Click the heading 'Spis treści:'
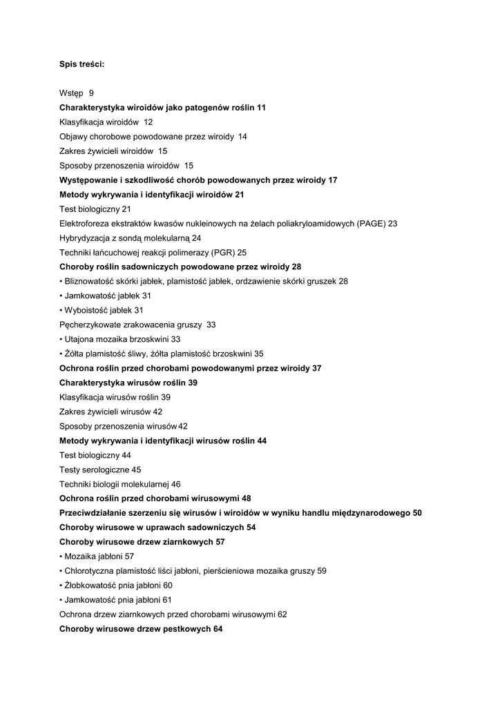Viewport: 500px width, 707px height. (x=81, y=64)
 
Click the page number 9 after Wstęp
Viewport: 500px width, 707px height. (x=91, y=93)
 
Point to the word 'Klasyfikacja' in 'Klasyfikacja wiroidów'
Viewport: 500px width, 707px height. (x=81, y=122)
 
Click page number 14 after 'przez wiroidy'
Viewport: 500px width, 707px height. (x=242, y=137)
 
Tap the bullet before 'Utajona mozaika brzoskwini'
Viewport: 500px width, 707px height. (x=61, y=340)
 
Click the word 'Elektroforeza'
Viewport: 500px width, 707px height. (x=84, y=224)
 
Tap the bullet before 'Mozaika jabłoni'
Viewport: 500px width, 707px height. (x=61, y=556)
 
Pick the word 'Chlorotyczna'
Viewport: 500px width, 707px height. (x=88, y=571)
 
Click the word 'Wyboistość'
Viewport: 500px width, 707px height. (x=85, y=311)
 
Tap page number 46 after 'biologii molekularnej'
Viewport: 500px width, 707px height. (x=176, y=484)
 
